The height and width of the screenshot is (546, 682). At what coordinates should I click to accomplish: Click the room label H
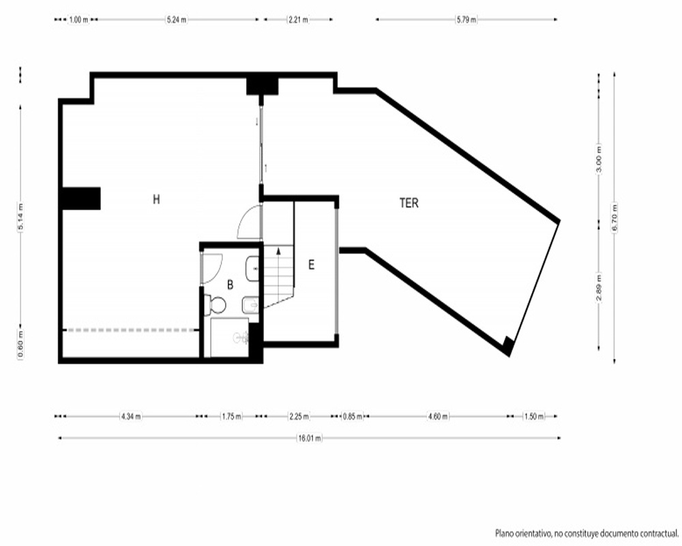[x=157, y=199]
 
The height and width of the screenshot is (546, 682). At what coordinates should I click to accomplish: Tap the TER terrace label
[x=409, y=203]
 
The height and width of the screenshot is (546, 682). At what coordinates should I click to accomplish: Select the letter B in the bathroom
[x=230, y=285]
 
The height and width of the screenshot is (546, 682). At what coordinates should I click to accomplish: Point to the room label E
[x=311, y=265]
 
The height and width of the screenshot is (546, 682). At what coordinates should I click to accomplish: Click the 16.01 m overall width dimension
[x=310, y=438]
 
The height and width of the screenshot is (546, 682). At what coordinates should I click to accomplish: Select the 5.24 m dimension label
[x=177, y=20]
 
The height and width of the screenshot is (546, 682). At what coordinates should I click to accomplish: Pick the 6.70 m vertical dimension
[x=614, y=218]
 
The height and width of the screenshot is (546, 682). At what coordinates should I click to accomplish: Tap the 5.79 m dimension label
[x=466, y=20]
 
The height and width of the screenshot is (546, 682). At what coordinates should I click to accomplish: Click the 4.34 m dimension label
[x=131, y=416]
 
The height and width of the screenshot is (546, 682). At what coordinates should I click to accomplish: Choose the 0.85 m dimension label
[x=353, y=416]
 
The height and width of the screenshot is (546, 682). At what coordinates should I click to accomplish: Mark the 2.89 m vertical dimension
[x=599, y=287]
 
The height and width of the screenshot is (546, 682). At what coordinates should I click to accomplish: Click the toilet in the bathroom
[x=215, y=305]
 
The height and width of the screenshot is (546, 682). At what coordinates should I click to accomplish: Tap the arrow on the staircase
[x=278, y=251]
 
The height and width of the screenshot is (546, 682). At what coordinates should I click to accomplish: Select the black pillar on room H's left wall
[x=81, y=199]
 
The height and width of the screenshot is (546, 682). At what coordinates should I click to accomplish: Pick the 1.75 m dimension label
[x=231, y=416]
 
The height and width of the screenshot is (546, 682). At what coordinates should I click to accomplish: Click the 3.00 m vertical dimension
[x=599, y=158]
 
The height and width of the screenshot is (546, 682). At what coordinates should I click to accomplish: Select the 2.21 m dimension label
[x=299, y=20]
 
